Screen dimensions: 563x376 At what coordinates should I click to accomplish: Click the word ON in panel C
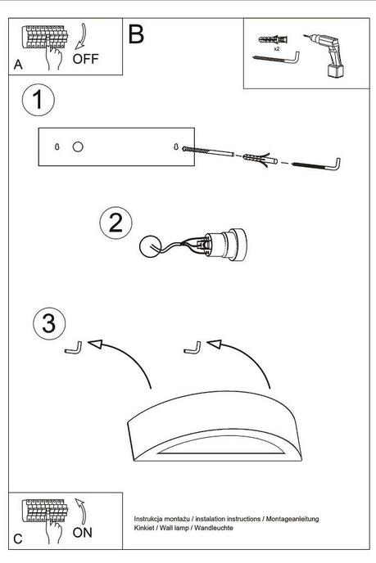(83, 532)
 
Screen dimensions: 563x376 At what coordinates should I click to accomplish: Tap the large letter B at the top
(136, 34)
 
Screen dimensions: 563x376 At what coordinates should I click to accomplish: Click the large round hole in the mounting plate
(78, 146)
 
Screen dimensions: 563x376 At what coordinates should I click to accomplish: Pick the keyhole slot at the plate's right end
(176, 146)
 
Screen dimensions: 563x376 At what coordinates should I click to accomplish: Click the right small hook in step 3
(192, 347)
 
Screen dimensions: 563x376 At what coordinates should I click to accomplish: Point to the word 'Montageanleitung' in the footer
(291, 520)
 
